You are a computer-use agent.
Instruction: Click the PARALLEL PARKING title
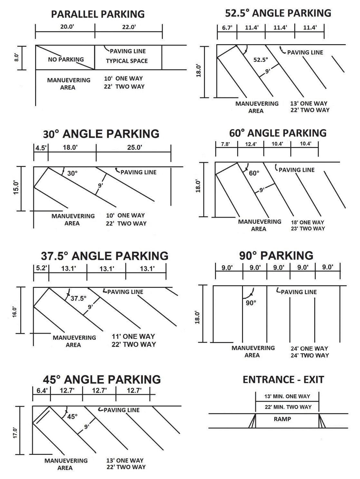[x=98, y=14]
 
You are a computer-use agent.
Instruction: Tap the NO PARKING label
[x=66, y=59]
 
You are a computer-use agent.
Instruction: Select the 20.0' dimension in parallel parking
[x=67, y=27]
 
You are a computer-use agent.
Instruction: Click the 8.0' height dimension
[x=17, y=57]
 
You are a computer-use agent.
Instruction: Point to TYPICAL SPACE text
[x=127, y=61]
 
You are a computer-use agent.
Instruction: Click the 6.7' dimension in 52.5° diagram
[x=227, y=28]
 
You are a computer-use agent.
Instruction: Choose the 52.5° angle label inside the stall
[x=261, y=60]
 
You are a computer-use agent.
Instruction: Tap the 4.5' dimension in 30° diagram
[x=41, y=148]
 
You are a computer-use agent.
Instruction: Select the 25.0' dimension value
[x=134, y=148]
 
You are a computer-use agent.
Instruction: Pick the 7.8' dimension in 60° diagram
[x=226, y=144]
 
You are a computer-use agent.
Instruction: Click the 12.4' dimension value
[x=251, y=144]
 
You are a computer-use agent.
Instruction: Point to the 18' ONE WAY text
[x=307, y=222]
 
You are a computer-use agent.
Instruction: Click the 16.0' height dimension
[x=15, y=312]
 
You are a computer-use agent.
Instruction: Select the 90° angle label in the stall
[x=251, y=303]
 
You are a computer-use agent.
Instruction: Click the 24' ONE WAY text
[x=309, y=348]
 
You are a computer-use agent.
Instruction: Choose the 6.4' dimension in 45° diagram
[x=42, y=391]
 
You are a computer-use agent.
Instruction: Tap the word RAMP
[x=282, y=419]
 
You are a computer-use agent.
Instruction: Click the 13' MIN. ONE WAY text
[x=287, y=396]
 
